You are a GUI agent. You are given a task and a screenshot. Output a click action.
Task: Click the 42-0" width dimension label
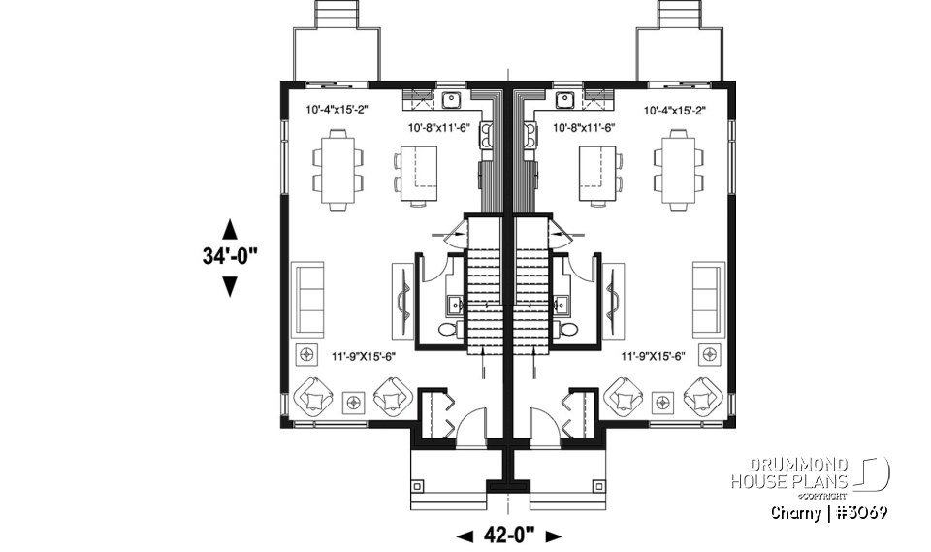click(508, 536)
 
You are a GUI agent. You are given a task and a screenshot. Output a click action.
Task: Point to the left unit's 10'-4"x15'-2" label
click(335, 110)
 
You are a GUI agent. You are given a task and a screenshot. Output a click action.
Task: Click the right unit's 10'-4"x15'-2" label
click(674, 110)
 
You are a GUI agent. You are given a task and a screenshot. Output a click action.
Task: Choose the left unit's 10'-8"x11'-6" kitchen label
click(438, 127)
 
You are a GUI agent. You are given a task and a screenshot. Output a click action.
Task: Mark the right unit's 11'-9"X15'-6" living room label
click(654, 356)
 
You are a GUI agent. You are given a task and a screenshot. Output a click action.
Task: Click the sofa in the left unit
click(308, 298)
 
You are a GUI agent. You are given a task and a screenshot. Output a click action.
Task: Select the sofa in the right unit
click(707, 298)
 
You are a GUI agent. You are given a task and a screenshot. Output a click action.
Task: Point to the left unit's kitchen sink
click(451, 98)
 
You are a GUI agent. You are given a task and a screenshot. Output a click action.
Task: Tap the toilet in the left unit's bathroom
click(447, 331)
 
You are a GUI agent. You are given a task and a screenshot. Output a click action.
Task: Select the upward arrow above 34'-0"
click(230, 229)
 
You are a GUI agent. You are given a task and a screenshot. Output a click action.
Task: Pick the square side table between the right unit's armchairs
click(663, 400)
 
